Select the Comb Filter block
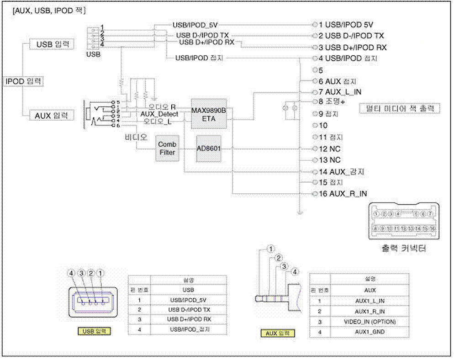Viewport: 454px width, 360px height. point(167,148)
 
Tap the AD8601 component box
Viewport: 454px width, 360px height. point(209,148)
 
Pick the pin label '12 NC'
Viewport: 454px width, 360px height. point(329,149)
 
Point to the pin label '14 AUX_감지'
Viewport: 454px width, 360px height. point(342,172)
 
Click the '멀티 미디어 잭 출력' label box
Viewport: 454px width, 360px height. point(400,108)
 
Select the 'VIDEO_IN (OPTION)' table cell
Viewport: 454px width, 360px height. point(370,322)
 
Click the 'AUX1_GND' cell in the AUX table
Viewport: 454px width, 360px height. point(370,332)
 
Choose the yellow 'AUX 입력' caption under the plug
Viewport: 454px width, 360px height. point(277,333)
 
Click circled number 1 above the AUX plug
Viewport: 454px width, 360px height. point(271,249)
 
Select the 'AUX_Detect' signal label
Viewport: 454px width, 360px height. point(159,114)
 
